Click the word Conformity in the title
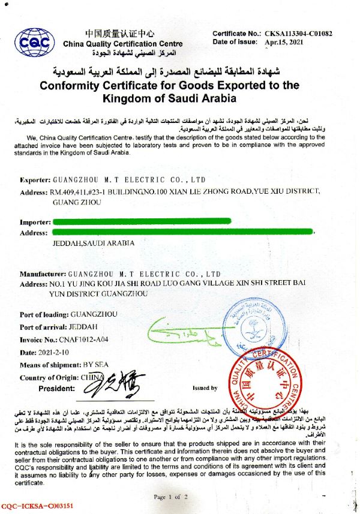pyautogui.click(x=72, y=85)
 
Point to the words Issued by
pyautogui.click(x=205, y=388)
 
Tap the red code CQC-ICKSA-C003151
pyautogui.click(x=38, y=506)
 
